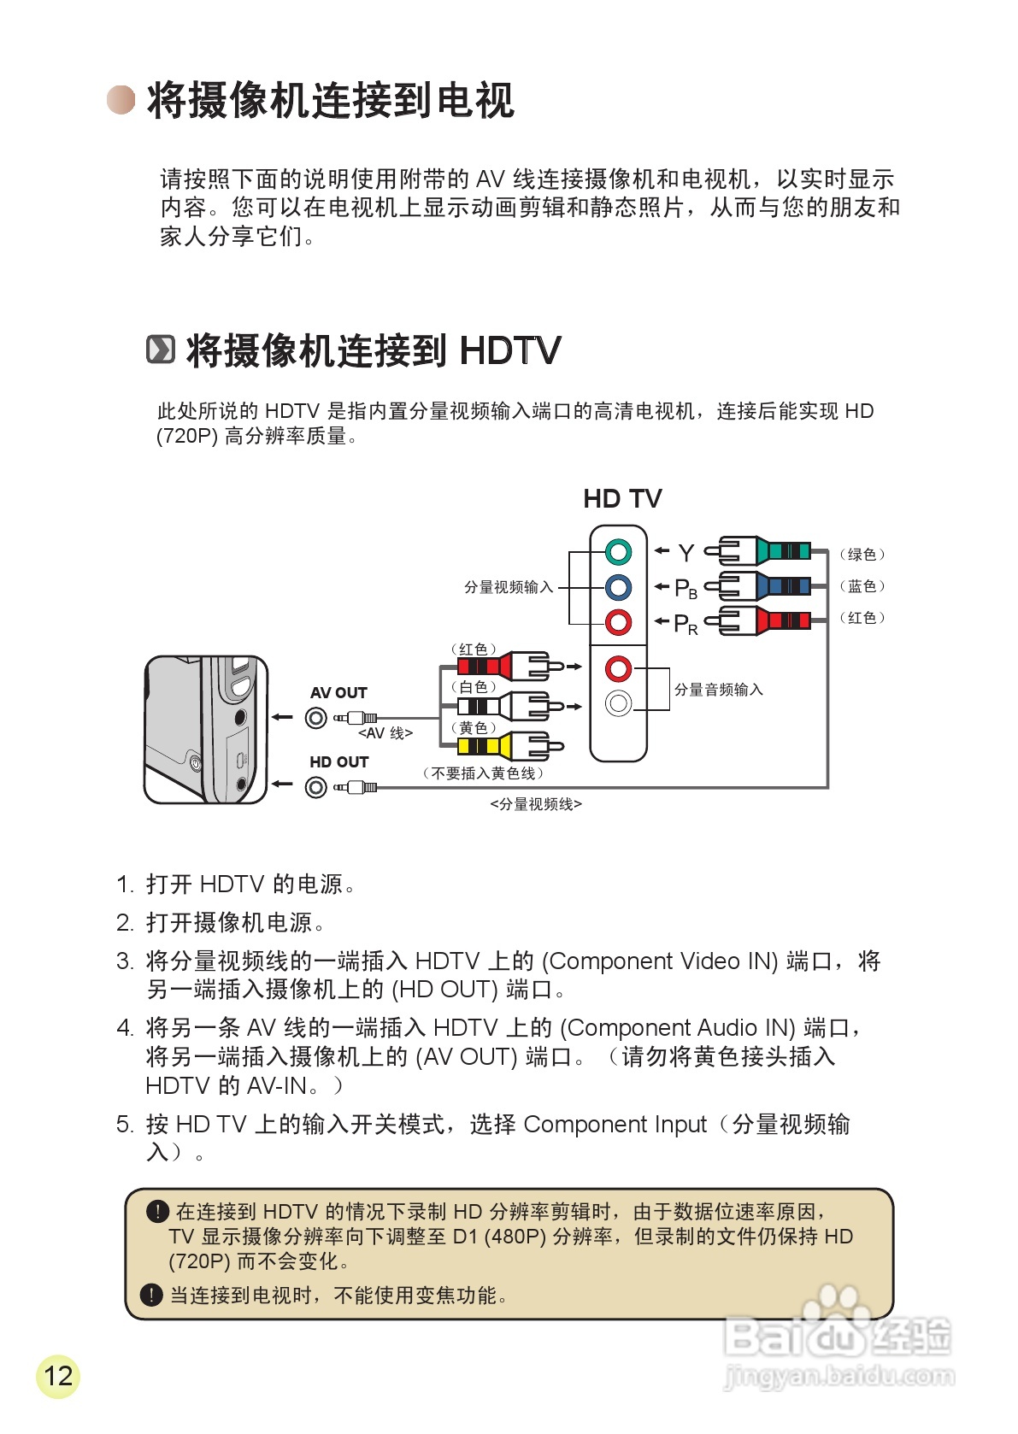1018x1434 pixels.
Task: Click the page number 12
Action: pos(58,1376)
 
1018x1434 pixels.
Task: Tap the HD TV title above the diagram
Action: pos(622,498)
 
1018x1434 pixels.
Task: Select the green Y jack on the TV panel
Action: pos(618,552)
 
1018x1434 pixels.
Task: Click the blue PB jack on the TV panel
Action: pos(618,587)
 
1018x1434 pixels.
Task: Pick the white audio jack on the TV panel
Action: pos(618,703)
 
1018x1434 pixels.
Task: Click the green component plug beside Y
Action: pos(765,551)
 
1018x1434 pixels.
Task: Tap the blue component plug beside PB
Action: pos(765,586)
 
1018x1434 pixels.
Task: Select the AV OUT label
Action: pos(338,692)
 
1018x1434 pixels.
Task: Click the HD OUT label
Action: pos(338,761)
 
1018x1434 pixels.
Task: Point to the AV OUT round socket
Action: pos(316,718)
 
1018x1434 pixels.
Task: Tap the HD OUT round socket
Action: pos(316,787)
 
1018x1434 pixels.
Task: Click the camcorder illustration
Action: pos(205,730)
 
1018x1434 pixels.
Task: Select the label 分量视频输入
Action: pos(509,587)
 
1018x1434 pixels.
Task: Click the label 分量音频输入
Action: pos(718,690)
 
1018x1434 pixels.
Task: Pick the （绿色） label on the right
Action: pos(862,554)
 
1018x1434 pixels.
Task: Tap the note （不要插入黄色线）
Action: pos(483,773)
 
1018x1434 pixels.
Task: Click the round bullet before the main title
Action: pos(121,100)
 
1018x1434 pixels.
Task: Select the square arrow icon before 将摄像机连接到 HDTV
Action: pos(161,350)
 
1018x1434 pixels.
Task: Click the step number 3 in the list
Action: pos(125,961)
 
